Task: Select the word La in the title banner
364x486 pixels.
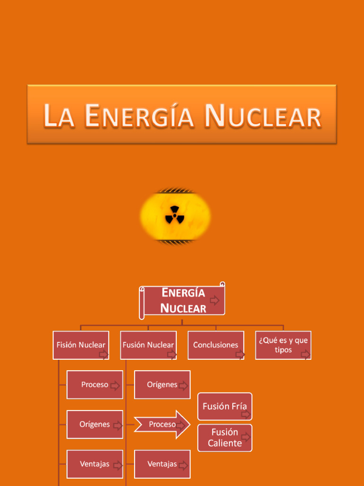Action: coord(59,117)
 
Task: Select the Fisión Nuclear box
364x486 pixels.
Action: coord(81,345)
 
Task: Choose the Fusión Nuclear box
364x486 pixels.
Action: coord(148,345)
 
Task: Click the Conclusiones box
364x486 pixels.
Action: coord(216,345)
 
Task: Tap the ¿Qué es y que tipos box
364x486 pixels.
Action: coord(283,345)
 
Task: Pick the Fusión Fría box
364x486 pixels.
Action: coord(225,406)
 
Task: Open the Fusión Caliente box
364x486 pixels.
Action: coord(225,438)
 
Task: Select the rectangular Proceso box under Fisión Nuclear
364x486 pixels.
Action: coord(95,384)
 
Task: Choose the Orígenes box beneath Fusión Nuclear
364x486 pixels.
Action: coord(162,384)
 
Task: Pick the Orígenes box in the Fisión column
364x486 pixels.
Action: coord(95,424)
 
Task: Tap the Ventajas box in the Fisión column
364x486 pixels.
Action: coord(95,464)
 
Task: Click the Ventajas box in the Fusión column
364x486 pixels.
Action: coord(162,464)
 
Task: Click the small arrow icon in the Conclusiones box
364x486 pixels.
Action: coord(240,354)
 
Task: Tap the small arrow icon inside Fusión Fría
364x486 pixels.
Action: coord(246,414)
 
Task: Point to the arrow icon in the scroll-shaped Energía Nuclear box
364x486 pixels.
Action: coord(215,300)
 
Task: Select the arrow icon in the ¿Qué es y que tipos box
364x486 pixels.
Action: coord(306,354)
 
